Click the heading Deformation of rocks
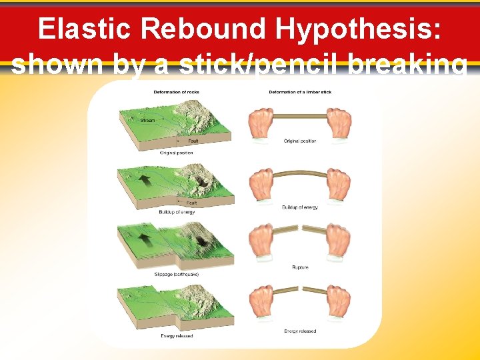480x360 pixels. pos(176,91)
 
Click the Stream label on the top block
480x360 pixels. pos(147,121)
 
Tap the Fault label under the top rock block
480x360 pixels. pos(193,141)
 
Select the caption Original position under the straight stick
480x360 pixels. pos(299,141)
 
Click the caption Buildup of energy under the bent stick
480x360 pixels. pos(299,207)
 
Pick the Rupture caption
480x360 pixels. pos(299,267)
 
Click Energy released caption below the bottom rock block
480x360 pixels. pos(177,336)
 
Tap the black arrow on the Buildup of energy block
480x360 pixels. pos(145,180)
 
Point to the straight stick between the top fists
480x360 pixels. pos(299,116)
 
